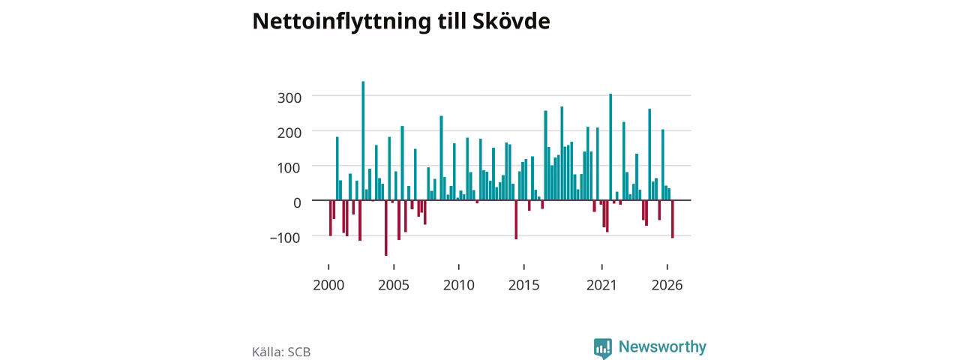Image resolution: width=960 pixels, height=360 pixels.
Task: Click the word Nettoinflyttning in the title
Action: pos(341,22)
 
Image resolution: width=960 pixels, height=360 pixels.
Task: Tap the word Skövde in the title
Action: pos(511,21)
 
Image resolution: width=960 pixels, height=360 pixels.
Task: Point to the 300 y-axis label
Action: pos(289,98)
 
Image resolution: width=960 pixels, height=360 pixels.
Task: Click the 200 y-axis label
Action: pos(289,133)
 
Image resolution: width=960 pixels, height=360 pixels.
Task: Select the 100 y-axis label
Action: pos(289,168)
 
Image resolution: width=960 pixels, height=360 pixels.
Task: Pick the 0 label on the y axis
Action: pos(297,203)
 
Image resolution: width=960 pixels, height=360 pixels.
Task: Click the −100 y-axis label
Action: pos(285,238)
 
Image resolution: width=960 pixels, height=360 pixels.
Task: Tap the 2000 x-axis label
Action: pos(328,286)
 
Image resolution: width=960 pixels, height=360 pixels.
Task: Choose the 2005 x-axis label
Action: pos(394,286)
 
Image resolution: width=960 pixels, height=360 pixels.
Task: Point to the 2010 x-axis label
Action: pos(459,286)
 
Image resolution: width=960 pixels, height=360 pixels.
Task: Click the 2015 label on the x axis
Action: pos(523,286)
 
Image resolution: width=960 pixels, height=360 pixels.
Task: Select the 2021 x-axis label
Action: pos(601,286)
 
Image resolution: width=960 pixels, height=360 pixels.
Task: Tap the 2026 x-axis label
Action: pos(667,286)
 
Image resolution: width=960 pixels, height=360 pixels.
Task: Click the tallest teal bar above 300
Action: pos(363,140)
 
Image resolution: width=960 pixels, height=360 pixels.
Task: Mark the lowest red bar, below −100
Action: pos(386,228)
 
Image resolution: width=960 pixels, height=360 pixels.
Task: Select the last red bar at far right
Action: pos(673,219)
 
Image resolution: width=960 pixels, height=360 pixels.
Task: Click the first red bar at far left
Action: pos(331,217)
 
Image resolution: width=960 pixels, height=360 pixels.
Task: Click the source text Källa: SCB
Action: pos(281,352)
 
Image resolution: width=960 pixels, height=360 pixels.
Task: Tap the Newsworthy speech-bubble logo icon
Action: pos(602,348)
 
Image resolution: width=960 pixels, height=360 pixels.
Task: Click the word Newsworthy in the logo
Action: pos(662,346)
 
